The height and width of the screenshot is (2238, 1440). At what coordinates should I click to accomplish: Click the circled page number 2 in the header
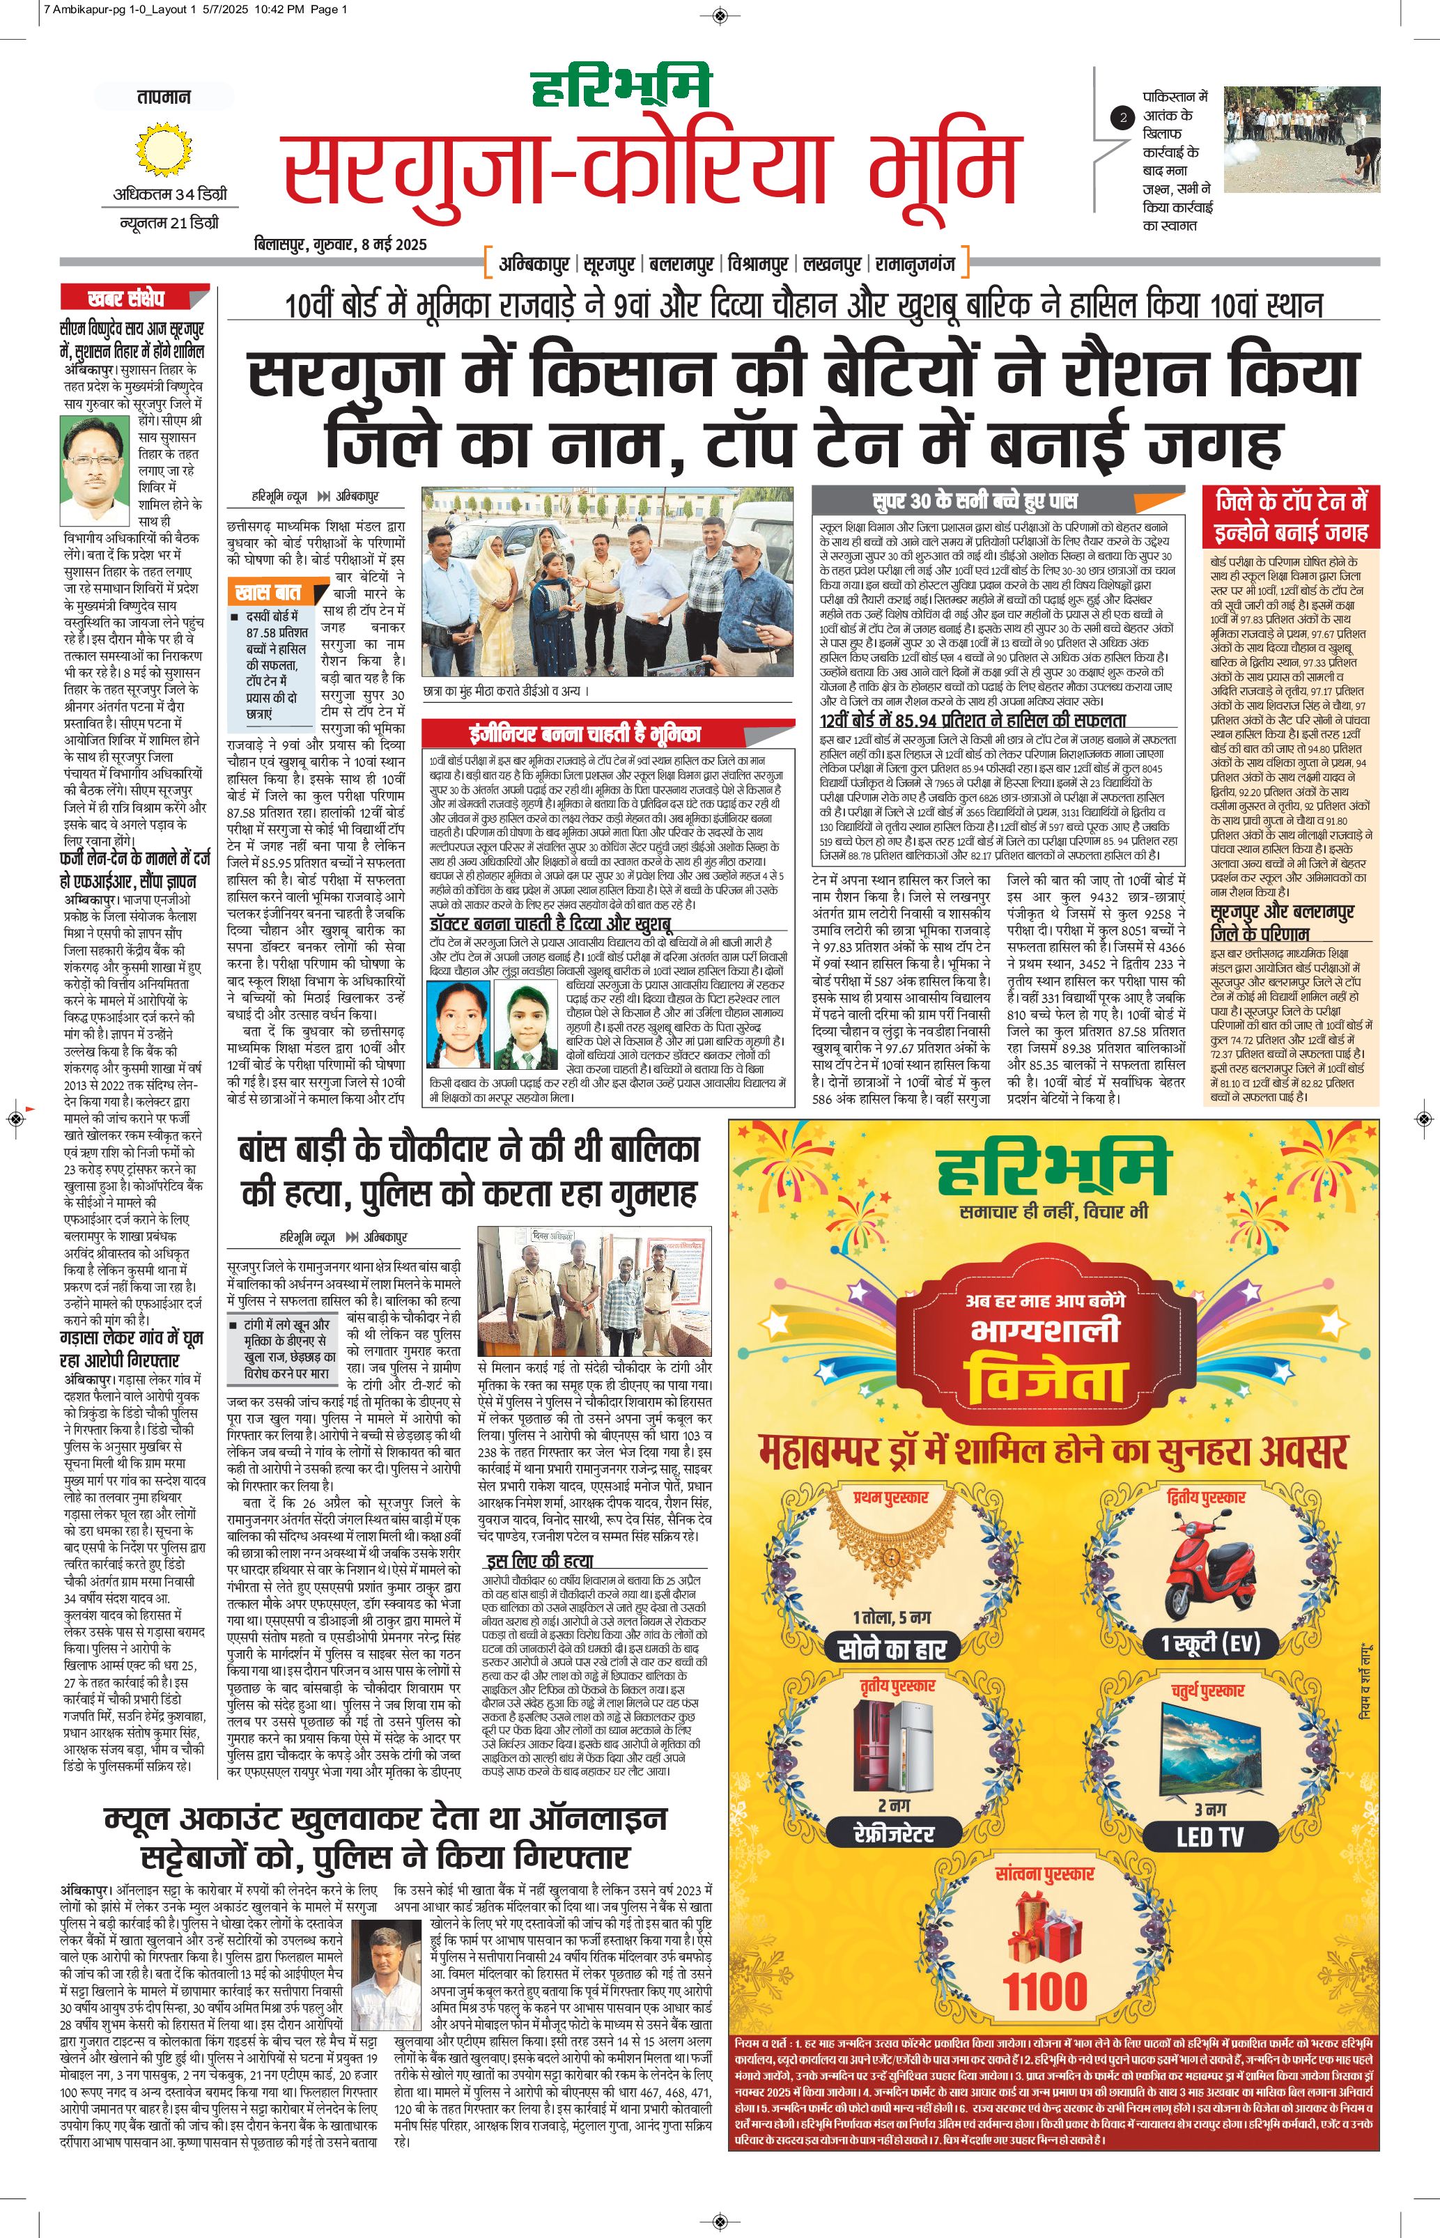(1123, 118)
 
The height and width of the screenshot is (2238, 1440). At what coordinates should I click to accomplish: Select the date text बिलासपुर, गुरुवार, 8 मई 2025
(341, 245)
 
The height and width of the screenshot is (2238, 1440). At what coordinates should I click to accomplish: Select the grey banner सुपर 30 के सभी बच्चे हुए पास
(975, 500)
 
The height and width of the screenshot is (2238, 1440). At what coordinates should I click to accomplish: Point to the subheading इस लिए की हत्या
(539, 1561)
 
